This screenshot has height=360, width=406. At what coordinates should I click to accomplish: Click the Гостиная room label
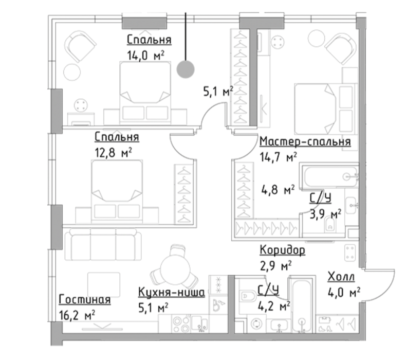[85, 299]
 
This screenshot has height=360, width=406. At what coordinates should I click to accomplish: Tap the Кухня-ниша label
[172, 292]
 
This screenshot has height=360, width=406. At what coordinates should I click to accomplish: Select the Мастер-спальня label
[305, 142]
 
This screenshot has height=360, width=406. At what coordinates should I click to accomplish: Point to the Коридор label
[282, 250]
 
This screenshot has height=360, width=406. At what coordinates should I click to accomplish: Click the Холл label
[341, 277]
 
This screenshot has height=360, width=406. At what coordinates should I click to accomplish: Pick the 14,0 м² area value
[146, 55]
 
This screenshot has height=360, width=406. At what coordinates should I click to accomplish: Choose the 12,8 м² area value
[114, 153]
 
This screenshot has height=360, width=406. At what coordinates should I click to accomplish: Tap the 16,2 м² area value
[77, 315]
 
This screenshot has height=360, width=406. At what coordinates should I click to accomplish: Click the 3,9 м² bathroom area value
[325, 214]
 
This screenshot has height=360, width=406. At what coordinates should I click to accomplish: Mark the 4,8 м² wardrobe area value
[278, 190]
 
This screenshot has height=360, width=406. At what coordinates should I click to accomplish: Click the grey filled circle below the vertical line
[186, 69]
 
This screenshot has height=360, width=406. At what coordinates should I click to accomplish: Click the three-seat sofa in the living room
[103, 244]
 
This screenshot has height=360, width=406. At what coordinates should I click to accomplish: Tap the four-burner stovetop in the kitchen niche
[181, 324]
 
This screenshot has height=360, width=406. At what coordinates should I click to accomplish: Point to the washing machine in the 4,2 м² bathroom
[257, 323]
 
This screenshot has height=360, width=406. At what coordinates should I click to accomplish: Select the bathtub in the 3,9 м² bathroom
[329, 176]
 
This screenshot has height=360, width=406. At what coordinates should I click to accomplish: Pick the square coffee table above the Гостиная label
[104, 284]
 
